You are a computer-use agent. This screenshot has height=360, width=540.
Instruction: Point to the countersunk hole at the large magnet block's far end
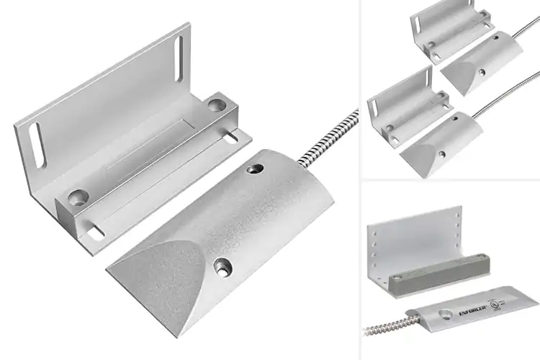[x=215, y=105]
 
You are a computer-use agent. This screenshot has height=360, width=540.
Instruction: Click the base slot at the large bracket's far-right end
[x=234, y=135]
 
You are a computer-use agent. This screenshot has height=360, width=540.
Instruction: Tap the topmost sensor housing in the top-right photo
[x=472, y=63]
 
